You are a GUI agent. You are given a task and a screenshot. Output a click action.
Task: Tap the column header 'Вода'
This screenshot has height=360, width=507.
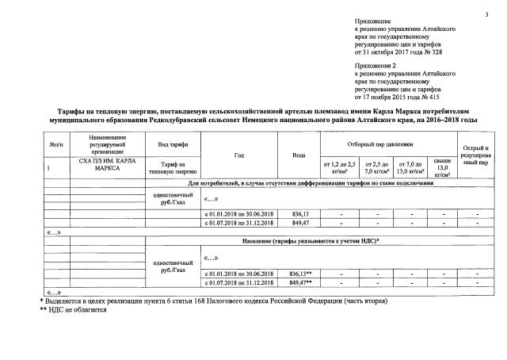tap(299, 155)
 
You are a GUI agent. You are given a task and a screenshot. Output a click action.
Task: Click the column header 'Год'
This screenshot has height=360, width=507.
tap(238, 155)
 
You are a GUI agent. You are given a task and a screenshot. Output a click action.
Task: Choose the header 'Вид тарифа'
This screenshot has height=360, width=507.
tap(172, 146)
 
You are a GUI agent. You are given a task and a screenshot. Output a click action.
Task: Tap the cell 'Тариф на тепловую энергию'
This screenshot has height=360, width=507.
tap(172, 167)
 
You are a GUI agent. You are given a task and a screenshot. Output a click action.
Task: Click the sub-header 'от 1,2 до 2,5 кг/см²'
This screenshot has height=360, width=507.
tap(338, 166)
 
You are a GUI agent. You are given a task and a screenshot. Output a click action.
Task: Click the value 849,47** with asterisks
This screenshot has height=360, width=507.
tap(300, 281)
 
